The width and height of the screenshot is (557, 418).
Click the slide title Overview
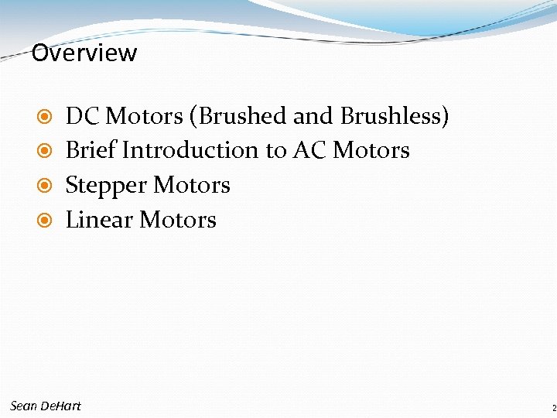point(84,53)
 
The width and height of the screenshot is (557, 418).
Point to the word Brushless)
point(395,116)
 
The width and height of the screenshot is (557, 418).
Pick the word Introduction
point(193,150)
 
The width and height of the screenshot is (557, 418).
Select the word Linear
point(99,220)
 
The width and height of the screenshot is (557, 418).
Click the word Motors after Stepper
point(192,185)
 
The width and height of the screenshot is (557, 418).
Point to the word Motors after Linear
point(178,220)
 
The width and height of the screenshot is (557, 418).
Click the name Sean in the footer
point(23,406)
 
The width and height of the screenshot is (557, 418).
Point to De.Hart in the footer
point(60,406)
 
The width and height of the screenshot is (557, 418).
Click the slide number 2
point(554,408)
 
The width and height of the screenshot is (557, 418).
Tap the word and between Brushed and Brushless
point(313,116)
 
